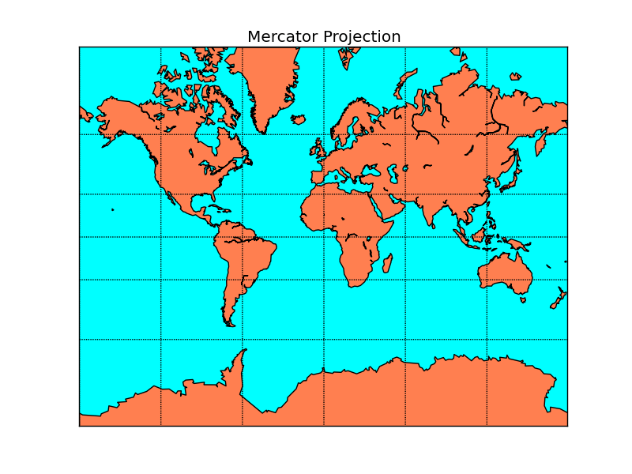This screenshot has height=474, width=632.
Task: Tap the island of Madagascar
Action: pyautogui.click(x=387, y=263)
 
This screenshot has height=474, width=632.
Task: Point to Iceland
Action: pyautogui.click(x=298, y=120)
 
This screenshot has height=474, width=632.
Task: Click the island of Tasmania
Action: pyautogui.click(x=523, y=299)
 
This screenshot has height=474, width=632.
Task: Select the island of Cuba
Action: pyautogui.click(x=215, y=208)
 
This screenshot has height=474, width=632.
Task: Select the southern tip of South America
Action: pyautogui.click(x=230, y=323)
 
